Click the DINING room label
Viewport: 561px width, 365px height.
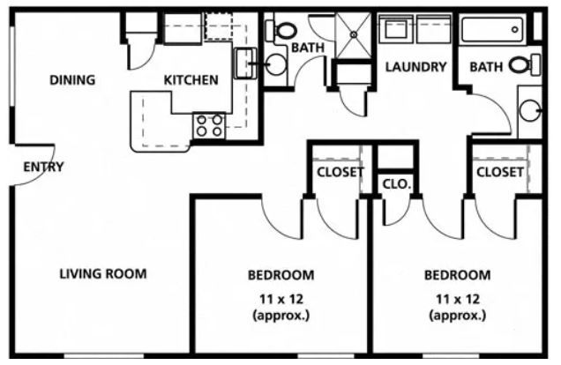(72, 80)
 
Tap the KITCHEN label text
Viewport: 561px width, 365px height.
(191, 80)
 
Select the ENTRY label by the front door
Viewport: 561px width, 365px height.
(43, 167)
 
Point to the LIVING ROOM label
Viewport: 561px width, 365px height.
(103, 273)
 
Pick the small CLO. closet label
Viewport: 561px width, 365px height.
(394, 184)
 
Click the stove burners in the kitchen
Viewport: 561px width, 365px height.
(209, 125)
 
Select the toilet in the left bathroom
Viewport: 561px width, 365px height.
(284, 32)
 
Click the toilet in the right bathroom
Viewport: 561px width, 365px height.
(520, 63)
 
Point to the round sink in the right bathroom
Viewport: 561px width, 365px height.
(530, 110)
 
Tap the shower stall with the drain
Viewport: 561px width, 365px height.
(355, 36)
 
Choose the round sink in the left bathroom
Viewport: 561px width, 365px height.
(276, 63)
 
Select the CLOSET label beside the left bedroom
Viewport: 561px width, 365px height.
(340, 172)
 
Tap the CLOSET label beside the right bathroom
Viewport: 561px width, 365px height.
(500, 172)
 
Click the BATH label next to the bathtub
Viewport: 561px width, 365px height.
(486, 67)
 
